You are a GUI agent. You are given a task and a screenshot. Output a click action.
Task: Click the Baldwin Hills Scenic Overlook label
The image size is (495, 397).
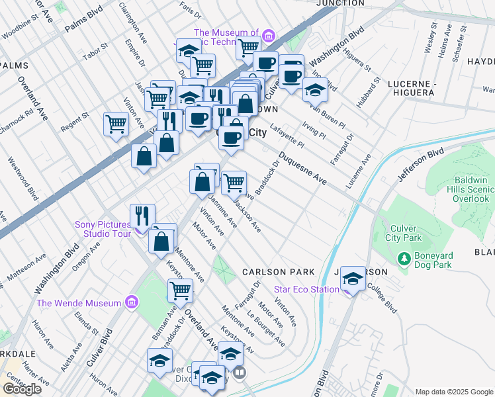tap(472, 189)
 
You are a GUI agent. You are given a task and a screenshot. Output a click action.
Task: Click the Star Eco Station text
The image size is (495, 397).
tap(306, 288)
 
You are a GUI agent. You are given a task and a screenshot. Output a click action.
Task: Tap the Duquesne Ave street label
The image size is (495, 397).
tap(302, 169)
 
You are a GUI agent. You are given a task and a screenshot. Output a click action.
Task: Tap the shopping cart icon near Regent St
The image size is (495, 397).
tap(116, 123)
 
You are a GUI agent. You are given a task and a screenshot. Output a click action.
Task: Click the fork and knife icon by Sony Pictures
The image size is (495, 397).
tap(142, 215)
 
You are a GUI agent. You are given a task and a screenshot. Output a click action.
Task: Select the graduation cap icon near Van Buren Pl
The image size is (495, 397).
tap(316, 89)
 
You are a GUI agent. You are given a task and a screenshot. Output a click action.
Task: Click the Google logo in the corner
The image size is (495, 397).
tap(22, 389)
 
